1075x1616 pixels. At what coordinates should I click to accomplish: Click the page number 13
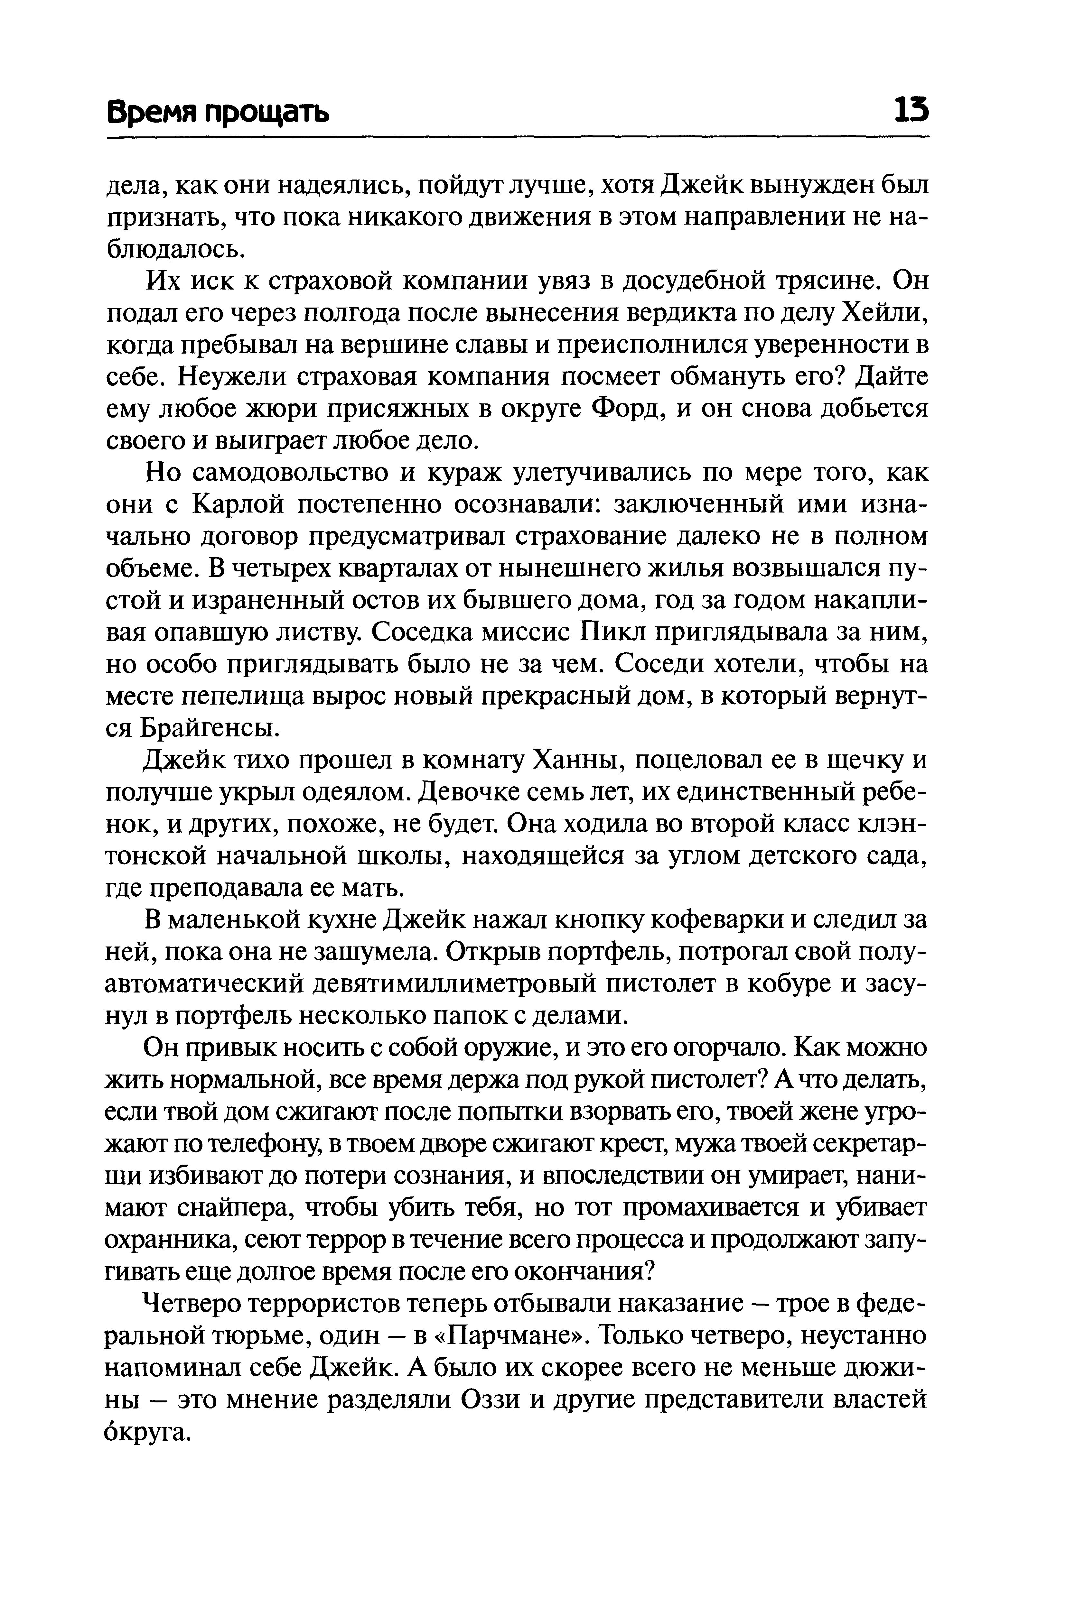coord(910,110)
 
